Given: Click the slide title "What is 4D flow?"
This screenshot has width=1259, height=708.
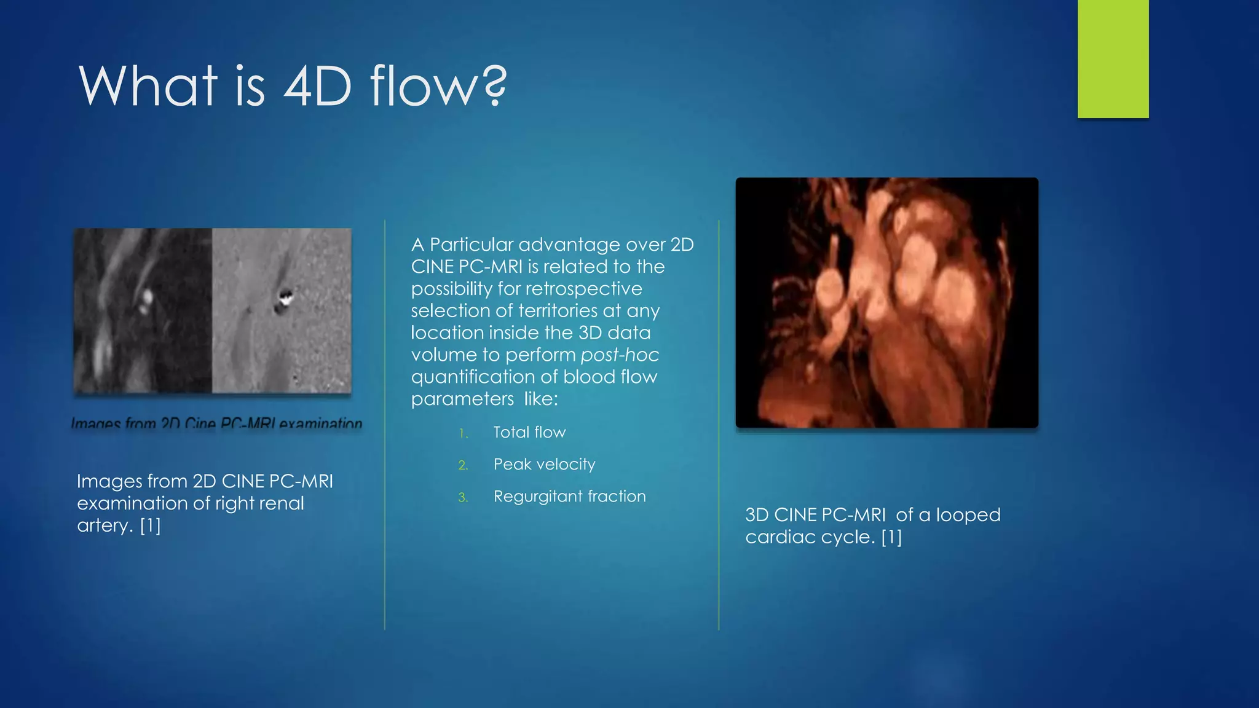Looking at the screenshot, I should click(x=293, y=85).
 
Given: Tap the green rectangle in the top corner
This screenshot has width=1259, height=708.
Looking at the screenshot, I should click(x=1113, y=58).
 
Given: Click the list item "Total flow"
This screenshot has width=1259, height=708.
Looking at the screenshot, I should click(x=529, y=432).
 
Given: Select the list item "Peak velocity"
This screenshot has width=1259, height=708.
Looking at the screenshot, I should click(x=544, y=464).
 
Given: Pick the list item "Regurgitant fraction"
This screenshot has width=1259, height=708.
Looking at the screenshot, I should click(x=569, y=496).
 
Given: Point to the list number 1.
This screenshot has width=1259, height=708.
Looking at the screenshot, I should click(x=464, y=434).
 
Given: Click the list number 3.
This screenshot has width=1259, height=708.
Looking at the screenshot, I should click(x=463, y=498).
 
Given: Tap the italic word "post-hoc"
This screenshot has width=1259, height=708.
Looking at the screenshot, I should click(x=620, y=355).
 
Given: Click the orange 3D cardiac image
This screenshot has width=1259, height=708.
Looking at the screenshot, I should click(x=886, y=302).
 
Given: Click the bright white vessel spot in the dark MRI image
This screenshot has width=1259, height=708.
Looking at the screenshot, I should click(x=146, y=299).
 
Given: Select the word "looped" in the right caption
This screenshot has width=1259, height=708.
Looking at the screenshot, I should click(x=968, y=515).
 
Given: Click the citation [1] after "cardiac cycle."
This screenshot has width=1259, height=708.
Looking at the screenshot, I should click(x=891, y=537).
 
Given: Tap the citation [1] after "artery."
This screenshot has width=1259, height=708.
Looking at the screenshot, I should click(x=150, y=525).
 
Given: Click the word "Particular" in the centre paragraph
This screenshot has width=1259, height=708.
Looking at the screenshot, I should click(x=472, y=245).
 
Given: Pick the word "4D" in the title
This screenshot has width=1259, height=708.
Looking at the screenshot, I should click(x=317, y=85).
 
